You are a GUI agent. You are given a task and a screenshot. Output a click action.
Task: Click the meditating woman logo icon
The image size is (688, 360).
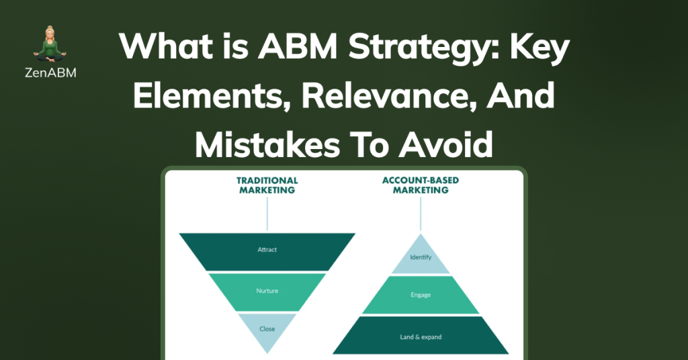[x=50, y=44]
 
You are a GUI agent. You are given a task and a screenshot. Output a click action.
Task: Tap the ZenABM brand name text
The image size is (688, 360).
[x=50, y=73]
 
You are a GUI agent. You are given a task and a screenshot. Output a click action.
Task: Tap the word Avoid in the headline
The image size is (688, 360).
[x=446, y=144]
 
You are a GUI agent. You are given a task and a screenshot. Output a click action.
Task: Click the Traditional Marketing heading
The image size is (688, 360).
[x=267, y=185]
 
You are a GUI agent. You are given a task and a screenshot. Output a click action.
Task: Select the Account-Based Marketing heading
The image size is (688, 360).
[x=421, y=185]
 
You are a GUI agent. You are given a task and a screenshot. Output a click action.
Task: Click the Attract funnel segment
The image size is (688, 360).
[x=267, y=252]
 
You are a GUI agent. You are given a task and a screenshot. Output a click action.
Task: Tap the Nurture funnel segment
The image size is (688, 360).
[x=267, y=292]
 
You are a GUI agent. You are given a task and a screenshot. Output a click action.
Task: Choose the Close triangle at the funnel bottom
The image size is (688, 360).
[x=267, y=329]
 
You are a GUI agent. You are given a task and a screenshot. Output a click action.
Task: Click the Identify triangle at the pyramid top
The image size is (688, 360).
[x=421, y=259]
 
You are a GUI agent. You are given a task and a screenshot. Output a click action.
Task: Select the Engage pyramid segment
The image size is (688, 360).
[x=421, y=295]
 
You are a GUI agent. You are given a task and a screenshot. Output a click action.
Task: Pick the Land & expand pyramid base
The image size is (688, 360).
[x=421, y=335]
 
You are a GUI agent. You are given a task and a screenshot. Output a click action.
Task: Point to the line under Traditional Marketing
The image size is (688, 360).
[x=267, y=214]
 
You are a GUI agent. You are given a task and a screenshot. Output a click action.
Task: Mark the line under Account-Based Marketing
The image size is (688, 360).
[x=421, y=214]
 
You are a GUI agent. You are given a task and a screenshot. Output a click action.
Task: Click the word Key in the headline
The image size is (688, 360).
[x=540, y=49]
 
